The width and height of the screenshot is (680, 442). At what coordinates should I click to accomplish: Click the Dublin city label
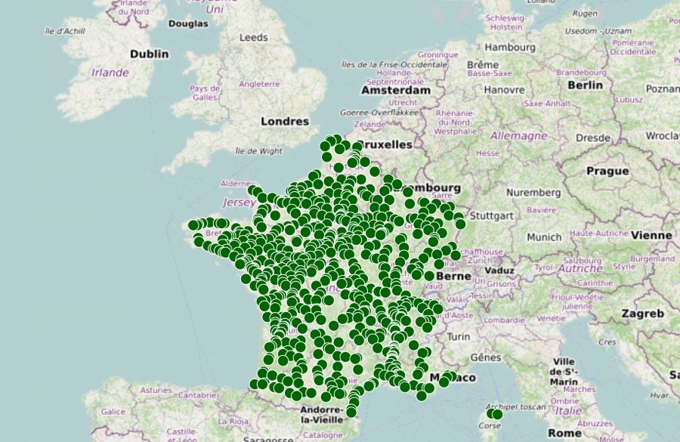[150, 54]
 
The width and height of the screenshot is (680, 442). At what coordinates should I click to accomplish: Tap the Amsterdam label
[395, 90]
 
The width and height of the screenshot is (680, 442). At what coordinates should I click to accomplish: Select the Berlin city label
[585, 85]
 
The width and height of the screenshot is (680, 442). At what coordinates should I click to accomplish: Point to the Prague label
[607, 171]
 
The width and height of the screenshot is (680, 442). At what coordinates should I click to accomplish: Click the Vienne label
[651, 235]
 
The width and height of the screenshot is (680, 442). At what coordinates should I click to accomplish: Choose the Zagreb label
[642, 313]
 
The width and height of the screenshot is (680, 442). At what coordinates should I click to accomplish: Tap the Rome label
[564, 433]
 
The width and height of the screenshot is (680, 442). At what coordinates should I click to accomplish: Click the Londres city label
[285, 121]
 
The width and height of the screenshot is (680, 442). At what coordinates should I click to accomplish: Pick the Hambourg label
[510, 47]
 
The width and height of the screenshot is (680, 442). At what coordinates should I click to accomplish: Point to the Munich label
[544, 236]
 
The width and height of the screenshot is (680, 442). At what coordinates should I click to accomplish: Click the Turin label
[459, 336]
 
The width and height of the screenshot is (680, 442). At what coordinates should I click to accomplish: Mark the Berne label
[453, 277]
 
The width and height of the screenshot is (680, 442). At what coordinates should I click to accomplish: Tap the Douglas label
[188, 23]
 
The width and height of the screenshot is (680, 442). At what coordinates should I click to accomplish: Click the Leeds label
[253, 37]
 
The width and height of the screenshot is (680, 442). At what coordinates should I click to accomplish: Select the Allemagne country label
[518, 136]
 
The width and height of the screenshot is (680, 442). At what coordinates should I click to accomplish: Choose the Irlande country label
[110, 73]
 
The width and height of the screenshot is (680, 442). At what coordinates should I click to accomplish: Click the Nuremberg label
[534, 193]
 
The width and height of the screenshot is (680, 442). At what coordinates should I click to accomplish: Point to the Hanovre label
[504, 89]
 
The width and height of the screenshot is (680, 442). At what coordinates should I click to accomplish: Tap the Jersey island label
[235, 202]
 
